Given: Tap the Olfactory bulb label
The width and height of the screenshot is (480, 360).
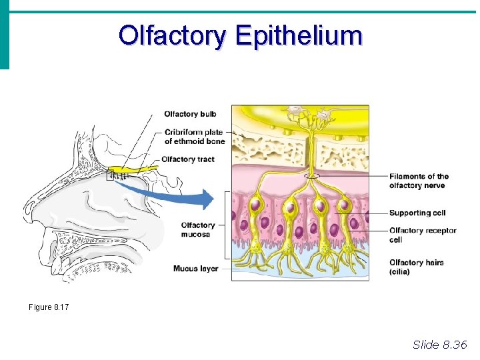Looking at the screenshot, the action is point(190,114).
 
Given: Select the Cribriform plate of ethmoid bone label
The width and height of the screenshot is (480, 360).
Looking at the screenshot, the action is point(194,137).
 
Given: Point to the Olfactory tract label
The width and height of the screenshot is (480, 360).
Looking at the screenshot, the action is point(187,159).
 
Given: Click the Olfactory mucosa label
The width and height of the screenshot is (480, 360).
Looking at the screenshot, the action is point(198,230).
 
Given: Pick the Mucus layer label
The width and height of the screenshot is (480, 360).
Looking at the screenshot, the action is point(195,269).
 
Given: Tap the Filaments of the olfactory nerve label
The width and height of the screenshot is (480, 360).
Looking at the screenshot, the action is point(419,181).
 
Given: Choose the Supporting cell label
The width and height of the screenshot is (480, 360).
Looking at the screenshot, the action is point(417,213).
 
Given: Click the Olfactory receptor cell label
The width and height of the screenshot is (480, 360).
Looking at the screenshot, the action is point(423,235).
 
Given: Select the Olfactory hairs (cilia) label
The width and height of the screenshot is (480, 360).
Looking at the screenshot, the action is point(416,267).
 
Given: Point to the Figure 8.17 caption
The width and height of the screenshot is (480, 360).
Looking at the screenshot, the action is point(49,307).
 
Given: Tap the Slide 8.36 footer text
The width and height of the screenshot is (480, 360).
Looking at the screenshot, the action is point(440,345).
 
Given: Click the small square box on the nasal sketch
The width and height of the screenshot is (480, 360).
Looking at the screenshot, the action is point(111,176).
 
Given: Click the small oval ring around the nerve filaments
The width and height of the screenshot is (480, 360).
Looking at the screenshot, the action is point(311,176).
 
